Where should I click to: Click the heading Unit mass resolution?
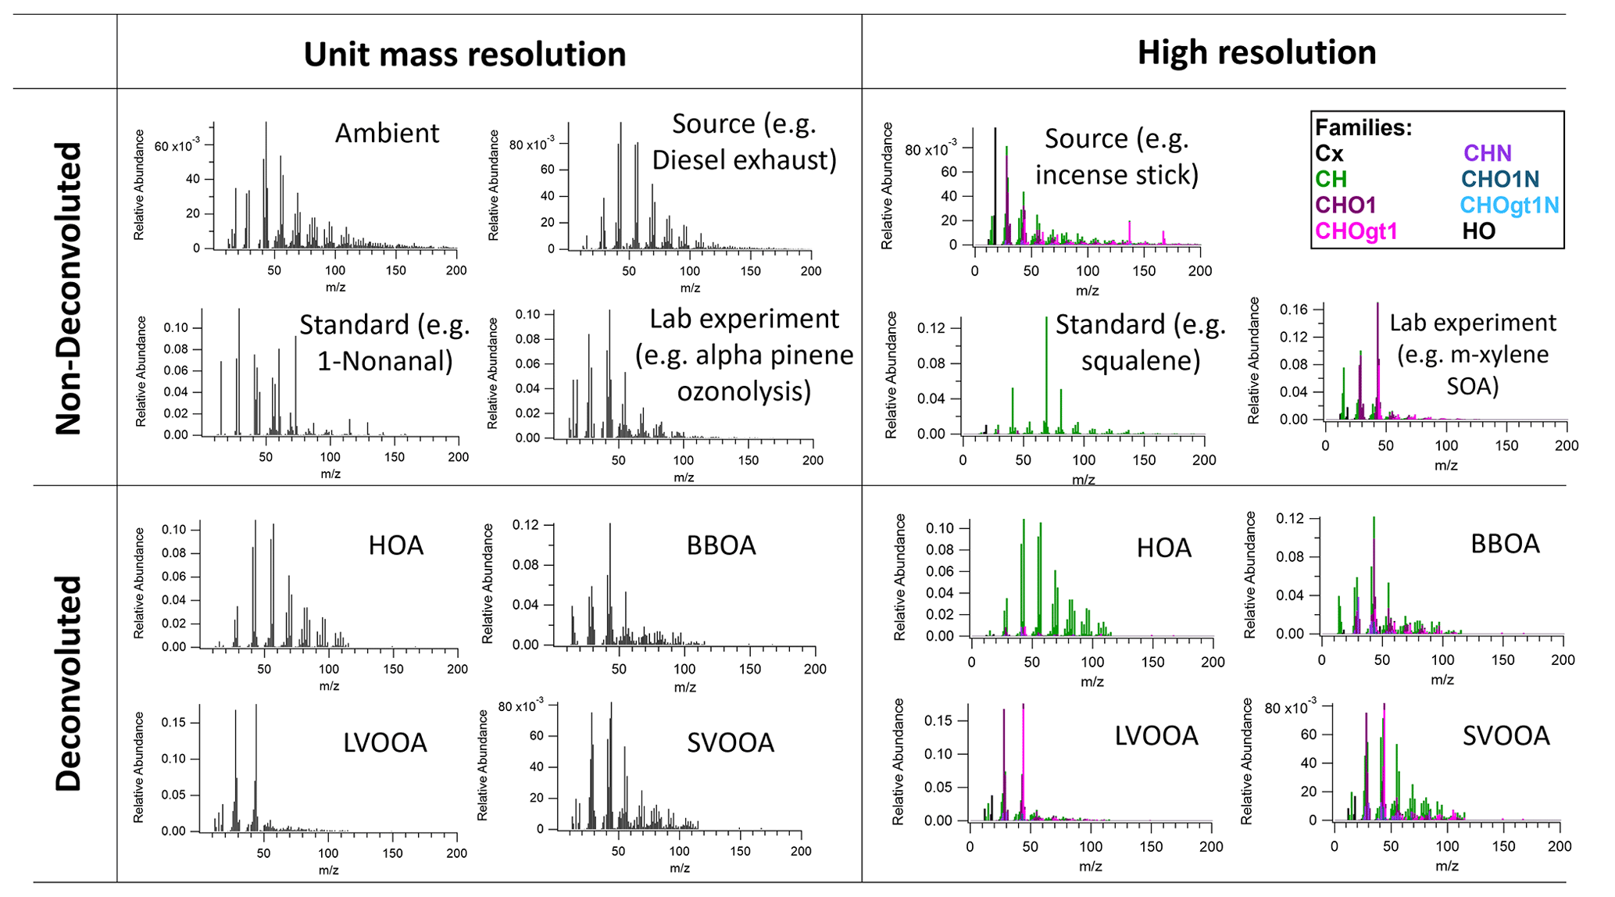tap(464, 55)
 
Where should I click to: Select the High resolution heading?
tap(1256, 53)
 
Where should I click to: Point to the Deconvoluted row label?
tap(69, 684)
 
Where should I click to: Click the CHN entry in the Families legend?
tap(1487, 153)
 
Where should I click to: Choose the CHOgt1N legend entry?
tap(1509, 205)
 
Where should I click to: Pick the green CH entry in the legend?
tap(1331, 180)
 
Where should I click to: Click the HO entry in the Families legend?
tap(1478, 231)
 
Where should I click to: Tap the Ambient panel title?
tap(387, 133)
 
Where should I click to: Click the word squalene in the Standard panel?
tap(1141, 360)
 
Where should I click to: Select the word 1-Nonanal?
tap(384, 361)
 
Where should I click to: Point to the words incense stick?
tap(1117, 174)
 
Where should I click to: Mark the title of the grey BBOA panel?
tap(720, 545)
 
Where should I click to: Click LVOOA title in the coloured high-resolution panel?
tap(1156, 736)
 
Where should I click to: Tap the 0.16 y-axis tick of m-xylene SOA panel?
tap(1293, 310)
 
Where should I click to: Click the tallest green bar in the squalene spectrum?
tap(1046, 375)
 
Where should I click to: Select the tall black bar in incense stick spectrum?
tap(995, 188)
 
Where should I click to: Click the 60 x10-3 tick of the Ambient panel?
tap(177, 146)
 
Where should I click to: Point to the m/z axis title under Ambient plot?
tap(335, 288)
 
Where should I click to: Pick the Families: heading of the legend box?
tap(1363, 127)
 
